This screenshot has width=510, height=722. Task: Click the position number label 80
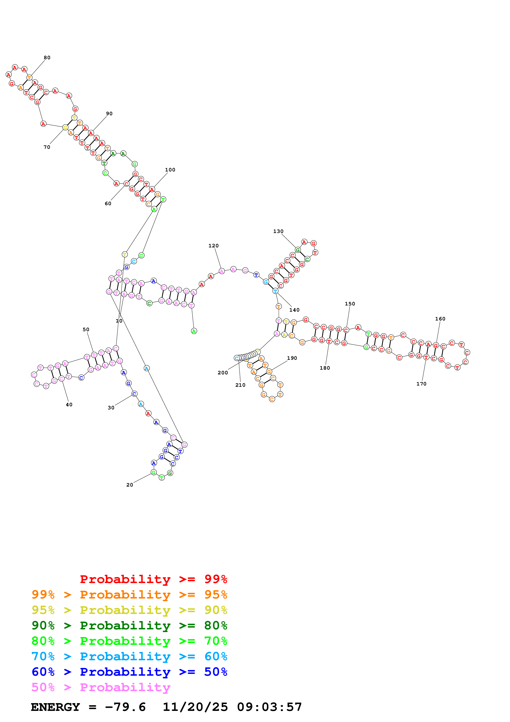[47, 58]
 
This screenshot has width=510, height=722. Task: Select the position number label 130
[278, 232]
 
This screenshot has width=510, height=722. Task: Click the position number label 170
[421, 384]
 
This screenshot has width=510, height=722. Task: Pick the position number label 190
[292, 358]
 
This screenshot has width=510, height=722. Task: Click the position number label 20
[130, 485]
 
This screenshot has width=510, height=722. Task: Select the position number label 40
[69, 405]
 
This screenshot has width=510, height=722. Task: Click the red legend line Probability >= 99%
[153, 579]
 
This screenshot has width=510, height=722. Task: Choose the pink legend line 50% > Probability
[101, 687]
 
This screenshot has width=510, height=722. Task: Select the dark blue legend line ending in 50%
[129, 672]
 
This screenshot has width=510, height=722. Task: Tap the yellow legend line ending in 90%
[129, 610]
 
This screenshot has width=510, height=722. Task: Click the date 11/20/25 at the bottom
[195, 707]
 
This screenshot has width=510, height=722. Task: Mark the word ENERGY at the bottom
[55, 707]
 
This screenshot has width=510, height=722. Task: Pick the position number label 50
[86, 330]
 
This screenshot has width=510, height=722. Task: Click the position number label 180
[325, 368]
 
